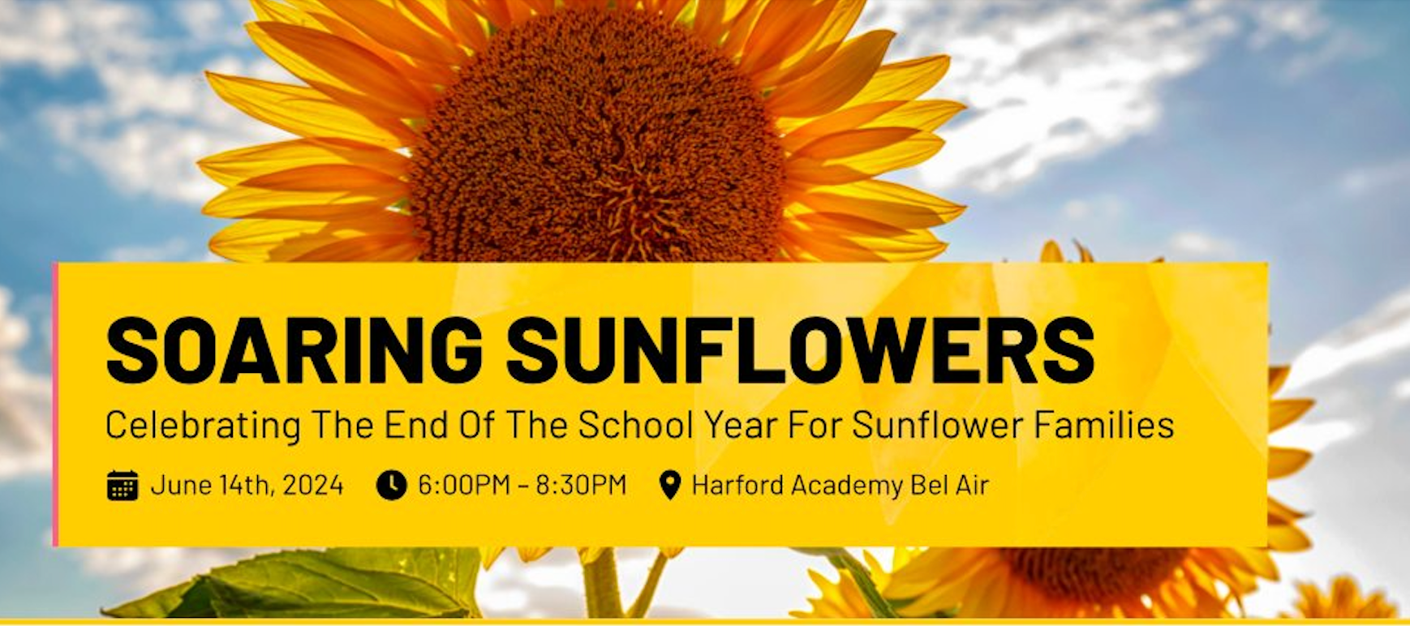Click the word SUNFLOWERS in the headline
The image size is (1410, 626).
point(800,349)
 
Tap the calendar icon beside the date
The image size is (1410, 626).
point(123,485)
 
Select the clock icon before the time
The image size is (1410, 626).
point(391,485)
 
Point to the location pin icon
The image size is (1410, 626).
point(669,485)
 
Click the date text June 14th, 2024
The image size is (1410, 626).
point(247,485)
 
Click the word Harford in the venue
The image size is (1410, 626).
point(737,485)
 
